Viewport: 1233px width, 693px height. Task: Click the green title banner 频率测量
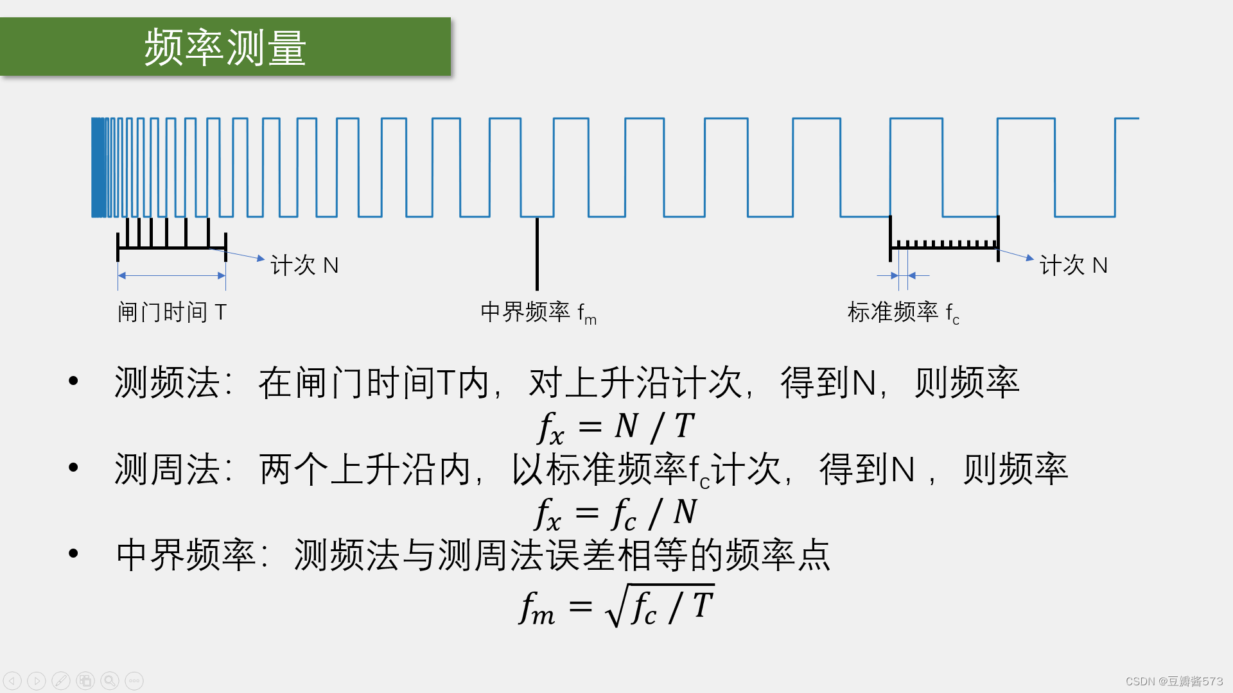225,47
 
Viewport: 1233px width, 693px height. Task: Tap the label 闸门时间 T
171,312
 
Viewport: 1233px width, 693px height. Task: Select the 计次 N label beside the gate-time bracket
304,265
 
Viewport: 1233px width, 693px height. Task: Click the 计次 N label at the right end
1073,265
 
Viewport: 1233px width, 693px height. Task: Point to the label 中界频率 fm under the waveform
538,312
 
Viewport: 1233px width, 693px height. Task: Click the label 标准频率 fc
903,312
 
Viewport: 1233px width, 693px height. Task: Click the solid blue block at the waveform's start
98,167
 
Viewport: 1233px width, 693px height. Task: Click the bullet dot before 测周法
73,468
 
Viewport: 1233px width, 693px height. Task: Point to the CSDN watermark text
1174,681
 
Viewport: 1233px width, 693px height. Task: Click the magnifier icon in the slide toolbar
110,681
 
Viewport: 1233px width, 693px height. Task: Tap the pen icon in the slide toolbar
61,681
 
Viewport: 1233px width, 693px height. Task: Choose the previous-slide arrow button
12,681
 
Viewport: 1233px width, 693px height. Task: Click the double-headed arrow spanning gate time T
171,276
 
